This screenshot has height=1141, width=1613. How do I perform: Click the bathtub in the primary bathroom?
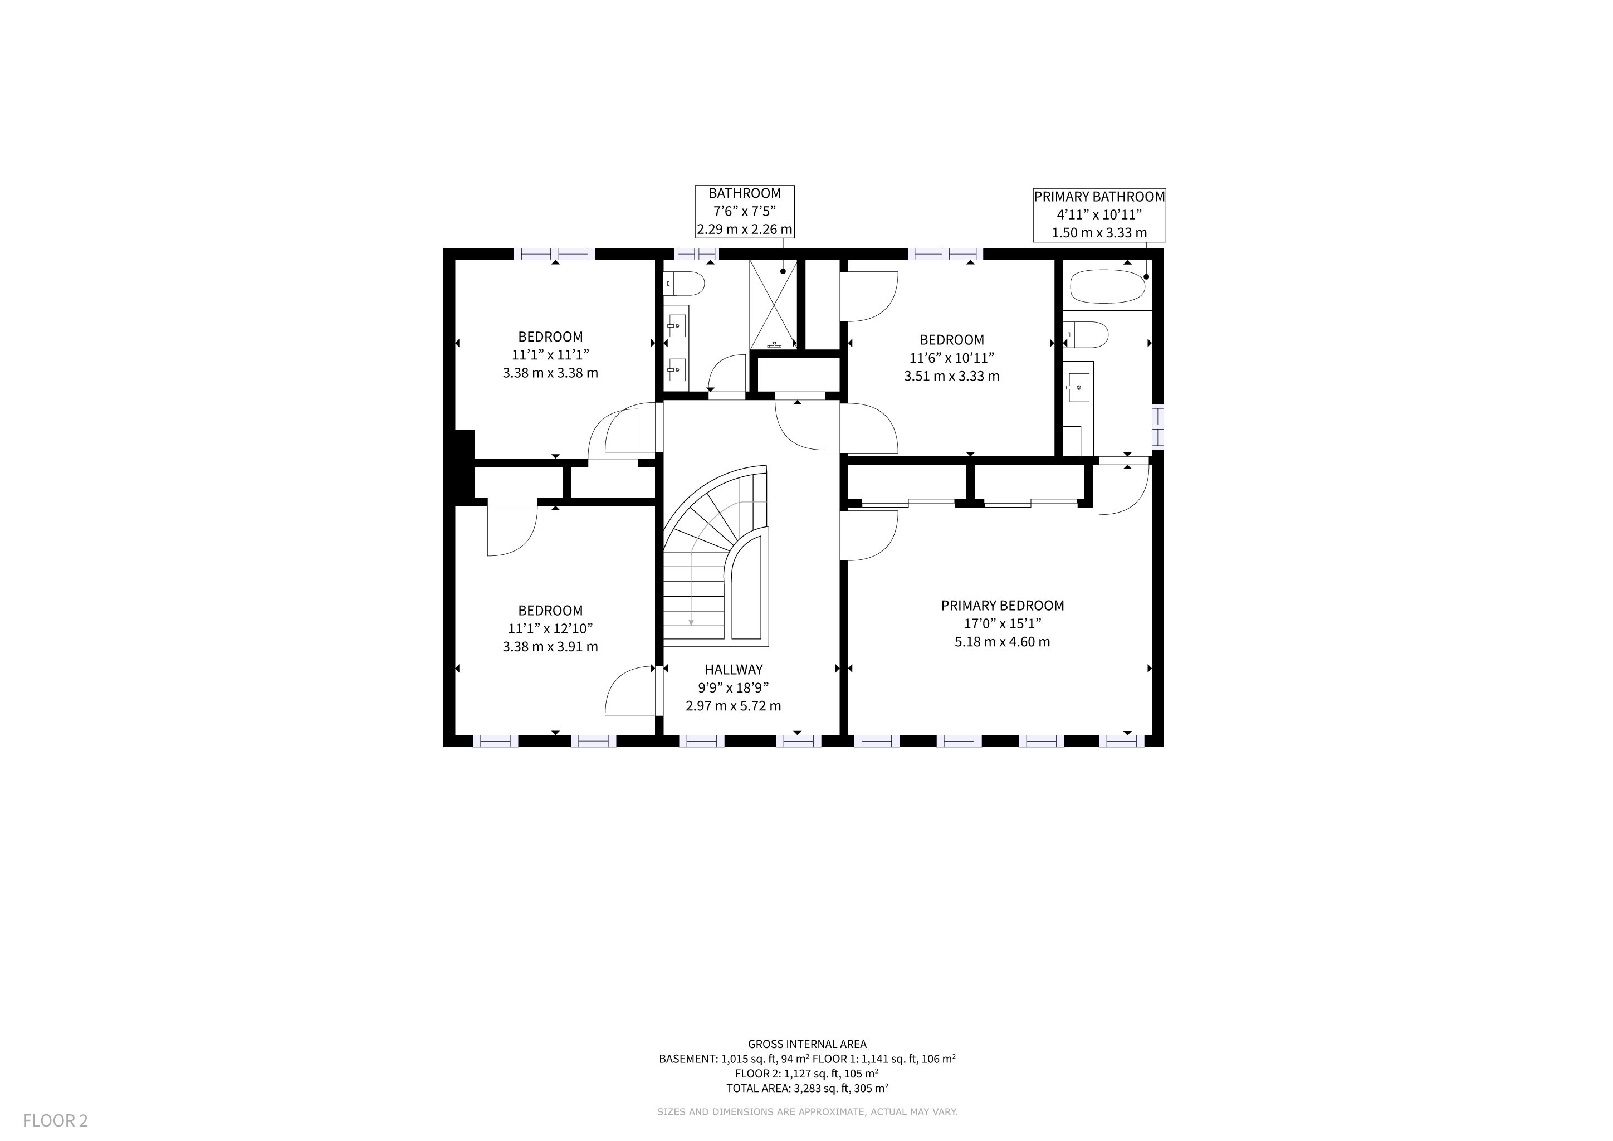[x=1107, y=287]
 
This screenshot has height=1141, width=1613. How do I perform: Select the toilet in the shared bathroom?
[x=683, y=284]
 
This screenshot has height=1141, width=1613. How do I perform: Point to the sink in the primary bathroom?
[x=1078, y=387]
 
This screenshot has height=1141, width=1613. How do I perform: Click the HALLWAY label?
[x=734, y=670]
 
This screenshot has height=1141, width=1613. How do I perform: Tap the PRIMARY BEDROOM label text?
[x=1003, y=606]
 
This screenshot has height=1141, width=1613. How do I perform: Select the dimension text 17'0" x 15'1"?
[x=1003, y=624]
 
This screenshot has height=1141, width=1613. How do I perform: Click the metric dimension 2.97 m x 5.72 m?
[x=734, y=706]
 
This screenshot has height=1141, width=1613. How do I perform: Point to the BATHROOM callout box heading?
[x=745, y=193]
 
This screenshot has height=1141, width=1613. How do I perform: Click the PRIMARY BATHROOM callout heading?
[x=1099, y=197]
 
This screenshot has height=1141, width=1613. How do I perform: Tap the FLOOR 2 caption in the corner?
[x=56, y=1120]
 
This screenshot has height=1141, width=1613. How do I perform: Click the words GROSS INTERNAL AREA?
[x=807, y=1044]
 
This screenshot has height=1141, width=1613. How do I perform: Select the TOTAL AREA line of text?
[x=807, y=1088]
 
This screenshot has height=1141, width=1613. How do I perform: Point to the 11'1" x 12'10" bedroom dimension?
[x=551, y=629]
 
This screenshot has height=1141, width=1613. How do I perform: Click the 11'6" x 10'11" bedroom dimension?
[x=952, y=358]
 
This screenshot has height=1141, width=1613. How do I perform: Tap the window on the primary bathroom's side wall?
[x=1158, y=426]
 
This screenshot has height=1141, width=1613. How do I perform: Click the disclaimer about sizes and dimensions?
[x=807, y=1112]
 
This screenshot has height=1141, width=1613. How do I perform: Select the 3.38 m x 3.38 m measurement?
[x=551, y=373]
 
